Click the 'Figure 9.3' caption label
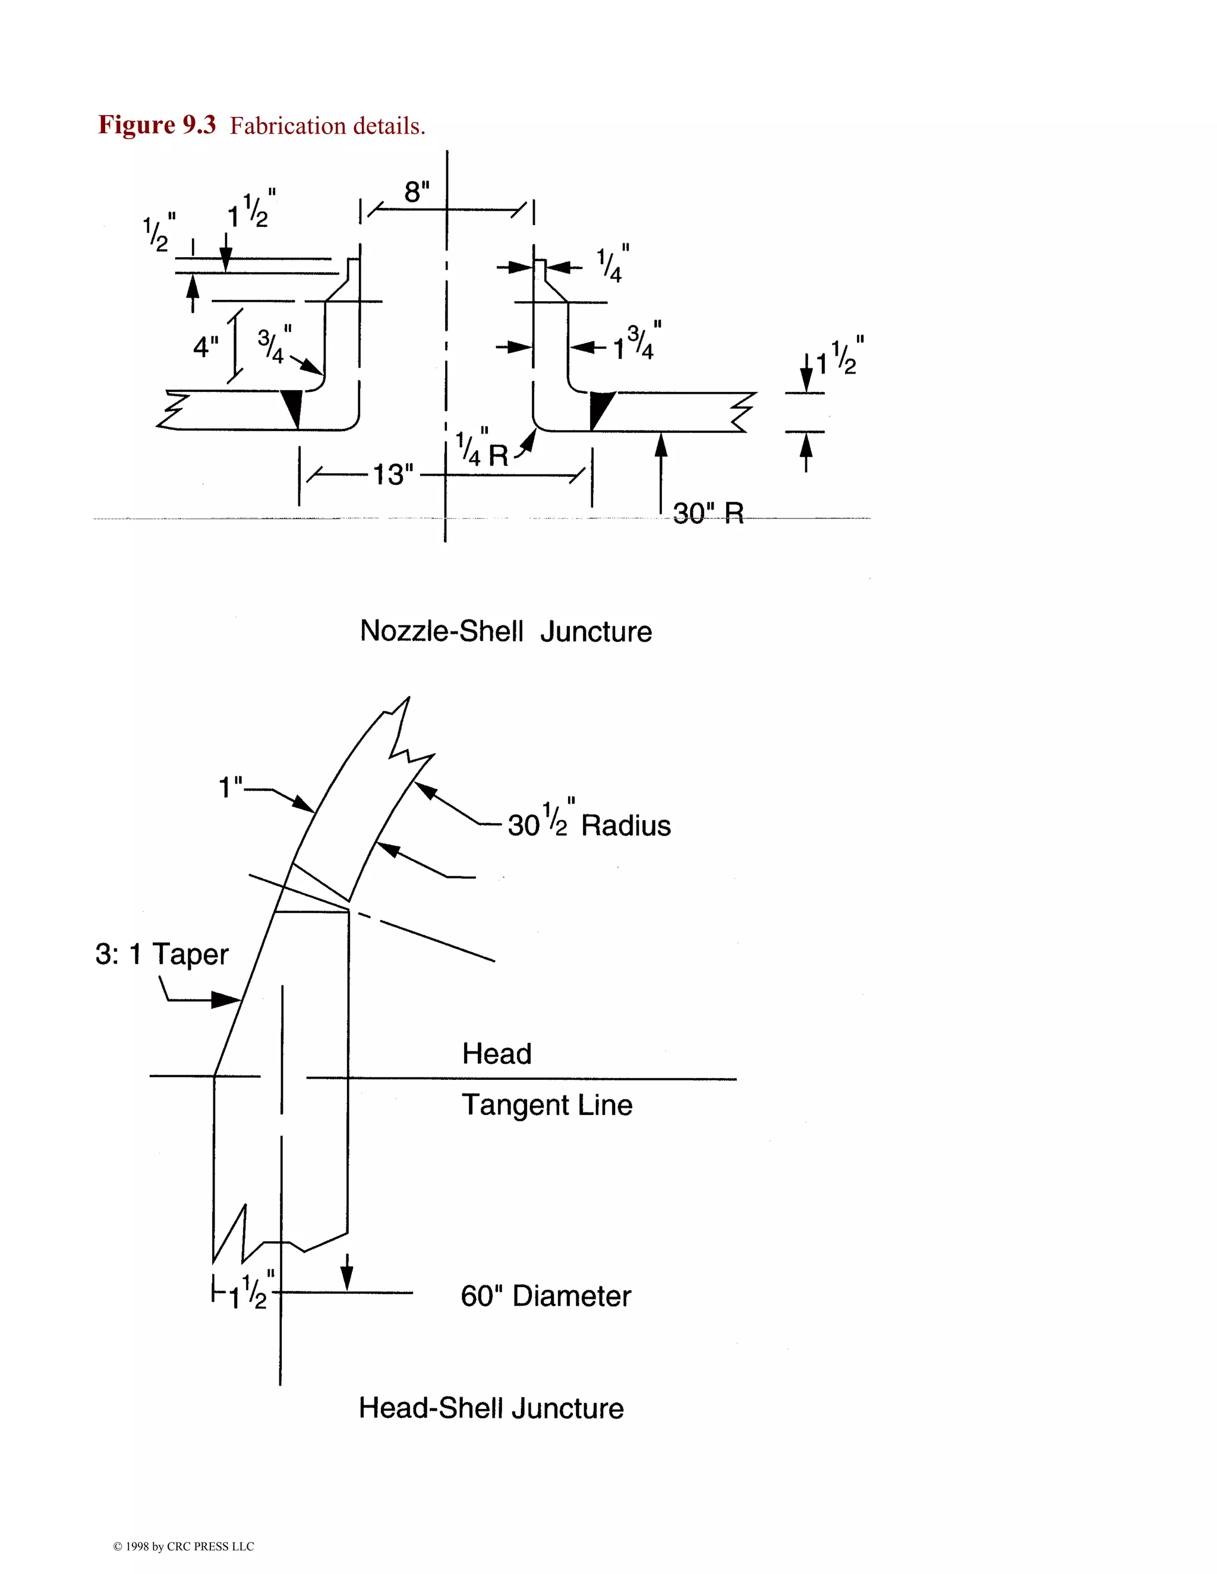pyautogui.click(x=157, y=125)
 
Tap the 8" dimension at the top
pyautogui.click(x=417, y=192)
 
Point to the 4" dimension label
pyautogui.click(x=206, y=347)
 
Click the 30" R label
pyautogui.click(x=708, y=514)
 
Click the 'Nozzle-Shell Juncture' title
pyautogui.click(x=506, y=631)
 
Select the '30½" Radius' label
pyautogui.click(x=589, y=823)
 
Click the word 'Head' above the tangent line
pyautogui.click(x=497, y=1054)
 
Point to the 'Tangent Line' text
pyautogui.click(x=547, y=1105)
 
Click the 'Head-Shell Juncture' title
pyautogui.click(x=491, y=1408)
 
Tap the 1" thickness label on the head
pyautogui.click(x=231, y=787)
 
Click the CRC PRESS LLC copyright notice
pyautogui.click(x=183, y=1547)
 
